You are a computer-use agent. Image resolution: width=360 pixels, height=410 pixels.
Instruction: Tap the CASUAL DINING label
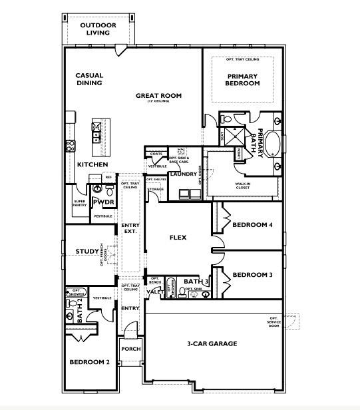click(89, 79)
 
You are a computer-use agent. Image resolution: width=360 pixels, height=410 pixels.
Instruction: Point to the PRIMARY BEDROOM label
click(242, 80)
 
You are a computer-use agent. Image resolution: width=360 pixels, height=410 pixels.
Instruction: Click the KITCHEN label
click(92, 164)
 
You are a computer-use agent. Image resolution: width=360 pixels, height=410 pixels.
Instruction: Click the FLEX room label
click(178, 237)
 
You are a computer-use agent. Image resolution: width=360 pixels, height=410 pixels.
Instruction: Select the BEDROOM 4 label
click(253, 225)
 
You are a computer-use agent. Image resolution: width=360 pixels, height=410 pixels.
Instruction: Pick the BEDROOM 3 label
click(253, 274)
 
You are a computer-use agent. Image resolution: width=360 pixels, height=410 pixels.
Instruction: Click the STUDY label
click(87, 251)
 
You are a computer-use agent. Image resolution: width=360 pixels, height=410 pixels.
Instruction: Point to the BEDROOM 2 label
click(89, 362)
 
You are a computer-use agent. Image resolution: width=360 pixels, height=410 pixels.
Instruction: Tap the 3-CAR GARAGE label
click(212, 343)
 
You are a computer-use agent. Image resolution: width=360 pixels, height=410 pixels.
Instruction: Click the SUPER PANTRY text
click(80, 203)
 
